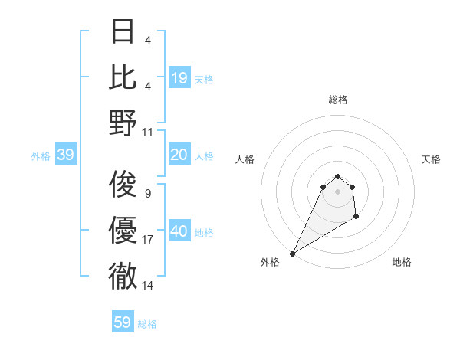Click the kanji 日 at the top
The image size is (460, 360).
coord(123,31)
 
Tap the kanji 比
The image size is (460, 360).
coord(123,77)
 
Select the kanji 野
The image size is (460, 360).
coord(123,123)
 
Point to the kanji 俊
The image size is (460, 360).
coord(123,185)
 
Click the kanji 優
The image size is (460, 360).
coord(123,231)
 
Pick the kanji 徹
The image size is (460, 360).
coord(123,276)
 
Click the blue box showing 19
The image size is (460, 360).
coord(179,77)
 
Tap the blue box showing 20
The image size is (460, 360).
coord(179,155)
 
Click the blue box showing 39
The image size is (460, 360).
coord(65,155)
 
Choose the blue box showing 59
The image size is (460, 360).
coord(123,322)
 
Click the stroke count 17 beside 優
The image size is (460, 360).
coord(147,240)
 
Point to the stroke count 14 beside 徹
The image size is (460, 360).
coord(147,285)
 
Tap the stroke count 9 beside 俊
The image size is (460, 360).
coord(147,193)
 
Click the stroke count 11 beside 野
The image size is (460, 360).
coord(148,132)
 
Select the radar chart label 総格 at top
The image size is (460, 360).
coord(337,100)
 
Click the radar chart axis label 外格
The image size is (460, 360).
coord(270,262)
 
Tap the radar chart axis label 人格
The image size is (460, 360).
coord(245,159)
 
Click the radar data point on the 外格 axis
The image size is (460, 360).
coord(292,253)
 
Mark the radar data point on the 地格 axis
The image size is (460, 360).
coord(356,218)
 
